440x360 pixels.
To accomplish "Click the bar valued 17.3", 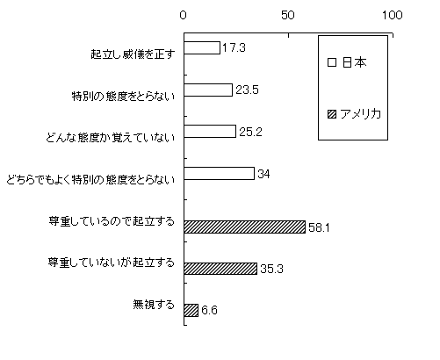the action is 202,47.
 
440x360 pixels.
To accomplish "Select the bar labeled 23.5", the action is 208,90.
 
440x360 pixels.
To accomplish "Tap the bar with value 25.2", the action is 210,132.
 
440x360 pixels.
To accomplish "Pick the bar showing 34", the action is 220,173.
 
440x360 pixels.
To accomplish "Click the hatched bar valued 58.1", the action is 245,227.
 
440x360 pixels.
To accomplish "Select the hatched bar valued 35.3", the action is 220,269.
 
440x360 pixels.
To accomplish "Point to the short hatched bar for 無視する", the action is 191,310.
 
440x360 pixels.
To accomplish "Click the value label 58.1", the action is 319,227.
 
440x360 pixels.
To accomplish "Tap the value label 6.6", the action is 210,310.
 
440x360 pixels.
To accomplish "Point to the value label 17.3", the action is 234,47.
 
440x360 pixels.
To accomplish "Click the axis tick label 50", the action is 288,15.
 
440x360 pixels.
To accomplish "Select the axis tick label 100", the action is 393,15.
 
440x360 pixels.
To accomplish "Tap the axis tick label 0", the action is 184,15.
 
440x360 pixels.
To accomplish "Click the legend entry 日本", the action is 347,62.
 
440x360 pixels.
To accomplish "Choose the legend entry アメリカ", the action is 355,114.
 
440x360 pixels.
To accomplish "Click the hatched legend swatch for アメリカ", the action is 332,114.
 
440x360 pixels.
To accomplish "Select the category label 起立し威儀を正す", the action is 133,54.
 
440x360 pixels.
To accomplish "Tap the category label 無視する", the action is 154,305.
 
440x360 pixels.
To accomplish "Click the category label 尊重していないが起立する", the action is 112,263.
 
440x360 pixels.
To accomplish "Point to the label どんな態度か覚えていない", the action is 111,138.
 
